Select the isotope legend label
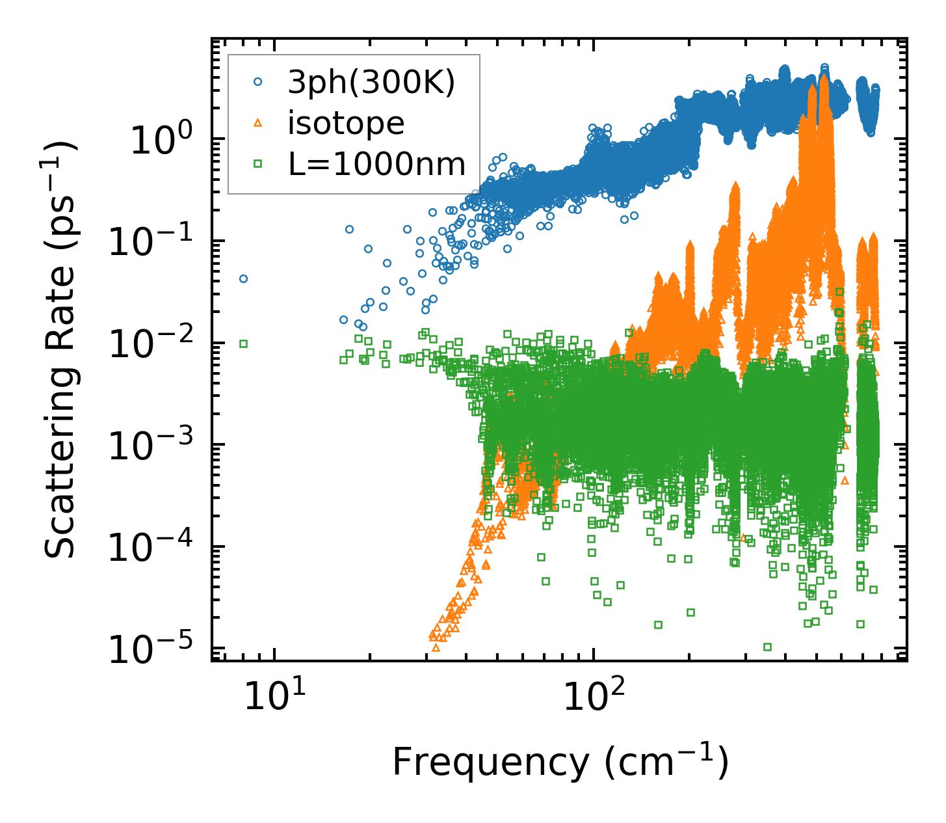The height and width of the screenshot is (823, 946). pos(346,124)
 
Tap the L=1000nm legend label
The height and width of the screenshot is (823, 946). pos(377,165)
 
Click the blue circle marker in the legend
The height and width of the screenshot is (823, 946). pos(257,83)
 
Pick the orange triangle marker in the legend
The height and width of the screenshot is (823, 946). pos(257,122)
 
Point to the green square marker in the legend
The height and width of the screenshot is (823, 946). pos(257,165)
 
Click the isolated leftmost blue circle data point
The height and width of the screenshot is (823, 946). pos(243,278)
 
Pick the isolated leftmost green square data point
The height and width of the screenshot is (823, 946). pos(243,344)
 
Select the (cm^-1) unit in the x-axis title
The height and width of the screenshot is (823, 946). pos(666,762)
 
